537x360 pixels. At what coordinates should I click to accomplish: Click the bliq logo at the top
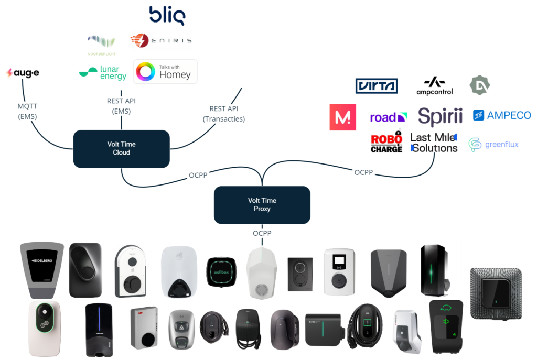(167, 16)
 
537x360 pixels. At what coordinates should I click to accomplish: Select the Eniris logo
(161, 40)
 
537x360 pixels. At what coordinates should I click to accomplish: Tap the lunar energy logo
(103, 73)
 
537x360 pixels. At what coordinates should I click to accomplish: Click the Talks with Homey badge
(166, 71)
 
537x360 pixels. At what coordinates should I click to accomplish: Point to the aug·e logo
(23, 73)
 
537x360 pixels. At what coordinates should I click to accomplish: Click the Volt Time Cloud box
(121, 149)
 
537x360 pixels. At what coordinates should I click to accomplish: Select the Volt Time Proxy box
(262, 204)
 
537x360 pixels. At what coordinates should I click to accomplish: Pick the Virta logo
(376, 85)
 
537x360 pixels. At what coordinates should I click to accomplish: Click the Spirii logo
(440, 116)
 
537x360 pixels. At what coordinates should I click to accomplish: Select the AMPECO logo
(502, 115)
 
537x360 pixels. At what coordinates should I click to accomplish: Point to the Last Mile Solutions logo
(434, 143)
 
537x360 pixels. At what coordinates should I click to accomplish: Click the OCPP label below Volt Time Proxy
(262, 233)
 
